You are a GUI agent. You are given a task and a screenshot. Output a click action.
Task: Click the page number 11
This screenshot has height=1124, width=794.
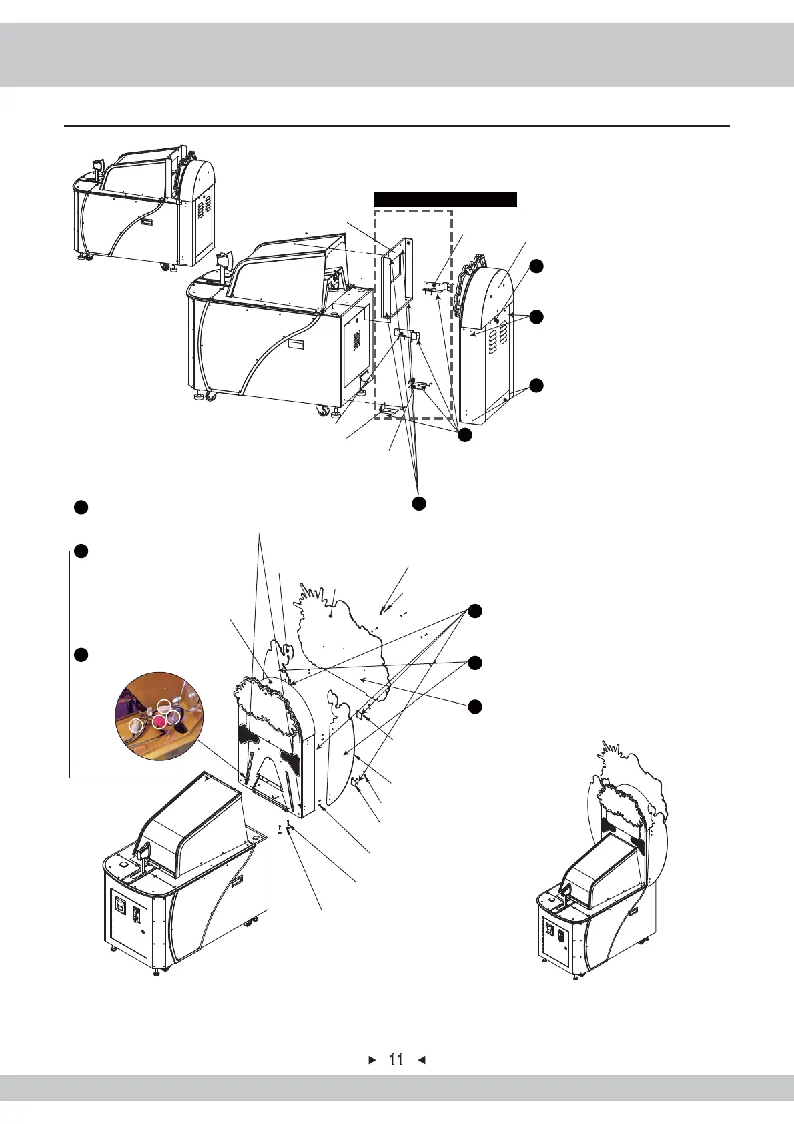point(396,1059)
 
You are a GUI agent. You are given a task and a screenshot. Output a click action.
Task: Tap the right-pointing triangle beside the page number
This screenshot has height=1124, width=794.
point(373,1059)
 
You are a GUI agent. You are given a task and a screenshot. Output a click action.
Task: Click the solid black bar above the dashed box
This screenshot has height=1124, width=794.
point(445,199)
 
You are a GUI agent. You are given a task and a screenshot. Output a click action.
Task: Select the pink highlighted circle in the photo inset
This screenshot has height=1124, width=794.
point(159,722)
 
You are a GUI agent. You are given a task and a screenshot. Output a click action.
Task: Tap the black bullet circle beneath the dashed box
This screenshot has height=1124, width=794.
point(418,503)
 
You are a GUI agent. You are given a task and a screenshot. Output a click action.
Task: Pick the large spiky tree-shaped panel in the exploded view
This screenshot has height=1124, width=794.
point(340,641)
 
